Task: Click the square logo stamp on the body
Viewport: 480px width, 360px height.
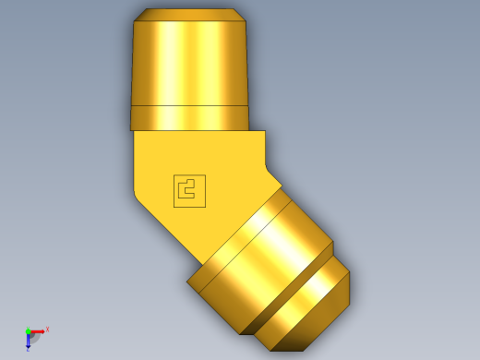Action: tap(189, 190)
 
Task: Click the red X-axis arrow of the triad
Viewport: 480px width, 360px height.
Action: tap(39, 330)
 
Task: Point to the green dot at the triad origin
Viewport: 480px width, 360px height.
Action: tap(29, 330)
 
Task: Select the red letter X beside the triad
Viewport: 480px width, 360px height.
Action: tap(47, 329)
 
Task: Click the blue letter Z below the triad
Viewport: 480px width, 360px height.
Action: tap(28, 349)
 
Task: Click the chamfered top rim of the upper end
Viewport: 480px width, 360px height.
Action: tap(189, 15)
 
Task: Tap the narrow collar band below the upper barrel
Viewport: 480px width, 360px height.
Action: tap(189, 118)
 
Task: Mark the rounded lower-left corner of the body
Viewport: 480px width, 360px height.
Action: tap(138, 197)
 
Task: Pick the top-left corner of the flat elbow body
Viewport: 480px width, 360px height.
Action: tap(136, 133)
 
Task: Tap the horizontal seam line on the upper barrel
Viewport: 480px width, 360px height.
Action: tap(189, 106)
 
